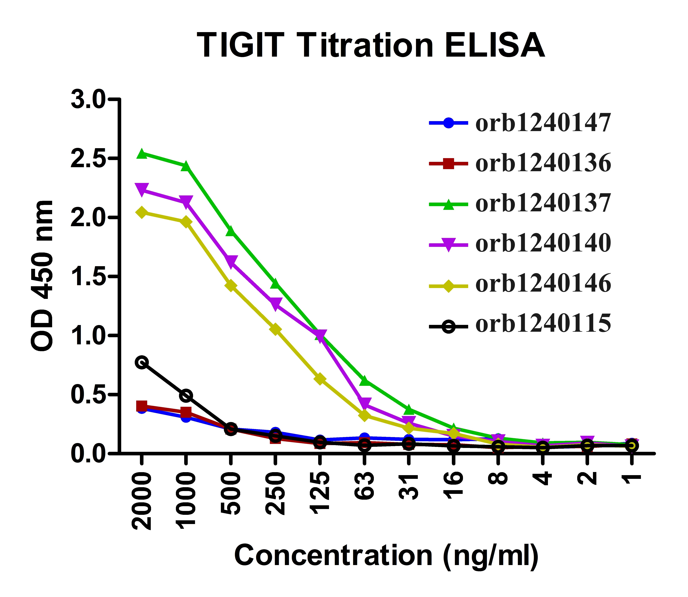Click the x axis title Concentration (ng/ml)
(386, 555)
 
